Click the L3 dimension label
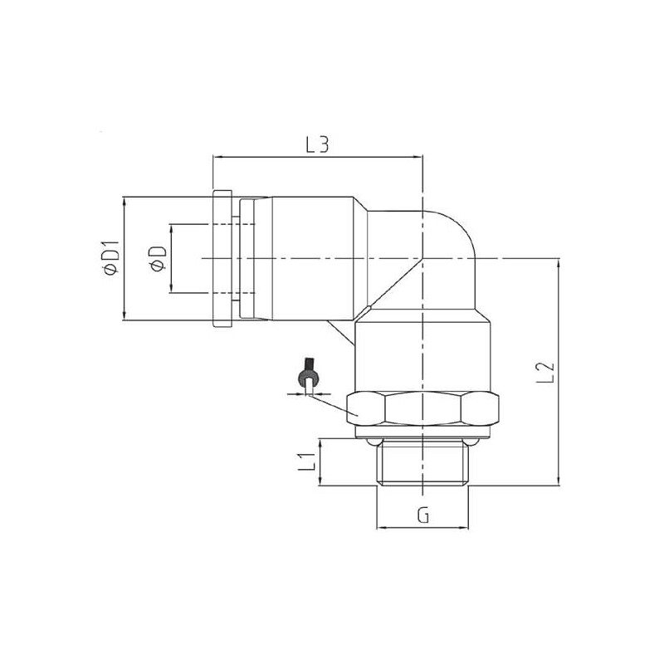tap(318, 144)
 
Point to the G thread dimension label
tap(422, 515)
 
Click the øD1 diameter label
tap(109, 258)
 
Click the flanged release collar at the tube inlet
tap(220, 259)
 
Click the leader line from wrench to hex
tap(332, 403)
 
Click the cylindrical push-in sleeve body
tap(307, 259)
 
